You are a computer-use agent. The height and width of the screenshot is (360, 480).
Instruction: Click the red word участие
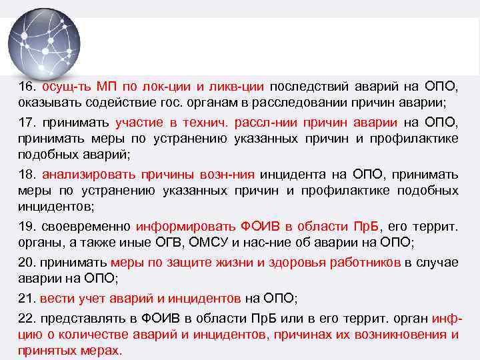click(138, 123)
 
